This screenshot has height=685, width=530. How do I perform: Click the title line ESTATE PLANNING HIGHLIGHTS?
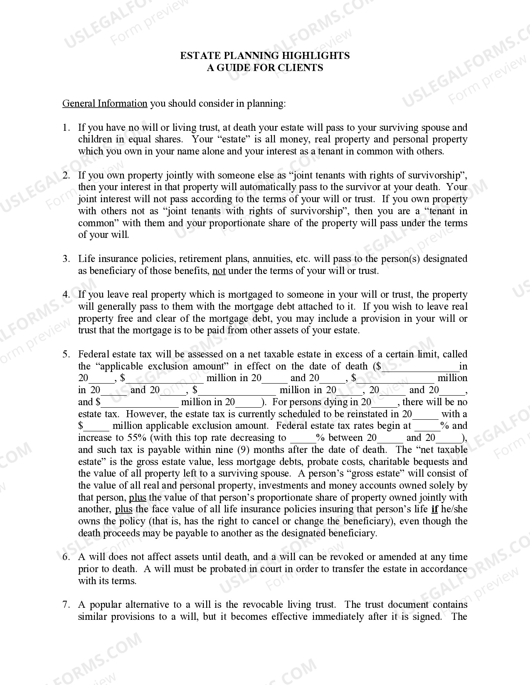(265, 56)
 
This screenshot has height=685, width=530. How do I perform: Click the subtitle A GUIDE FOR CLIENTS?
(265, 68)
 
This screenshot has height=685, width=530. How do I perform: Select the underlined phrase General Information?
(105, 103)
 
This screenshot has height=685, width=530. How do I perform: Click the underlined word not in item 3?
(219, 271)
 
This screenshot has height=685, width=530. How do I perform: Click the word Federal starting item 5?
(94, 355)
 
